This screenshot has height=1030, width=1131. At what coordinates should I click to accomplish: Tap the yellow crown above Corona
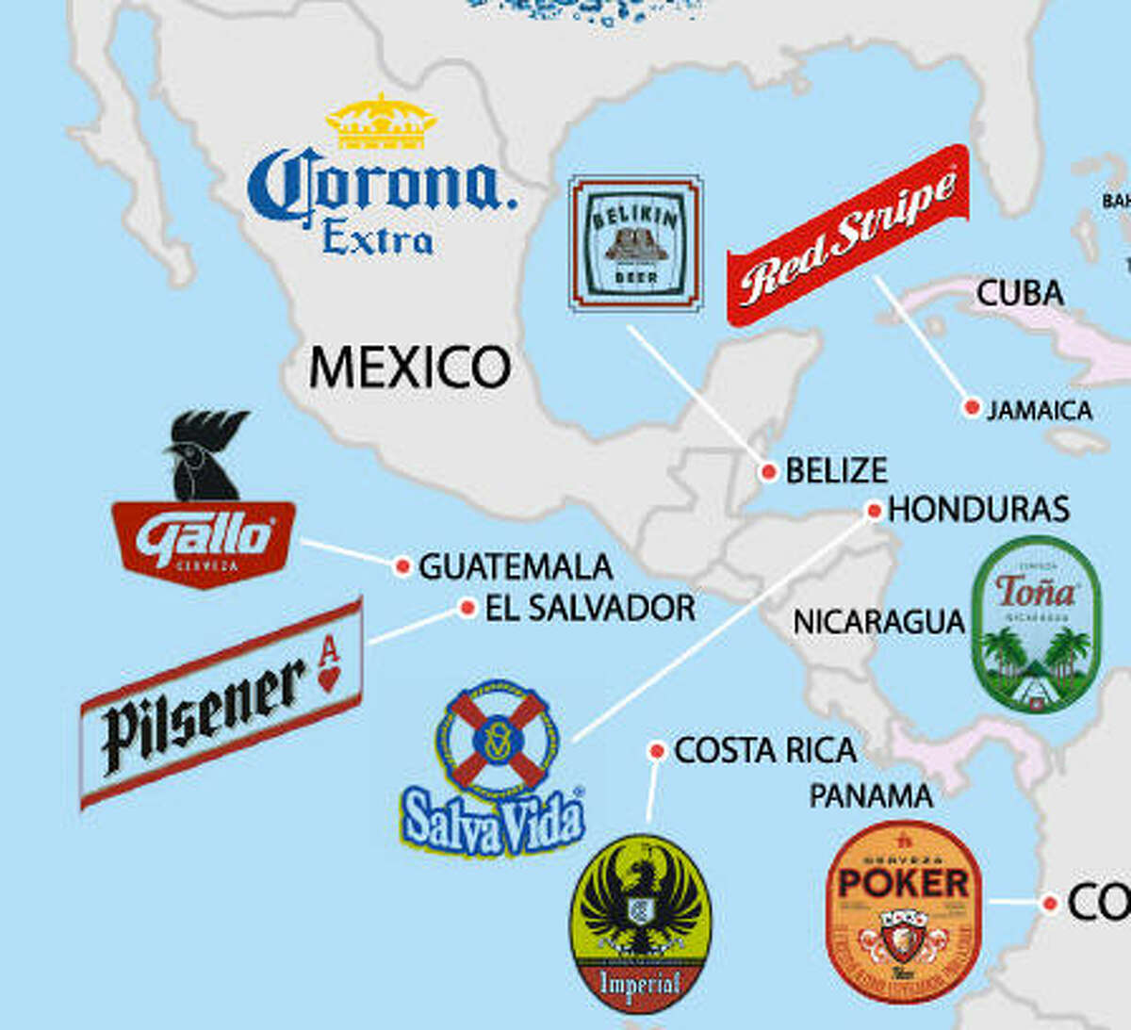(x=381, y=123)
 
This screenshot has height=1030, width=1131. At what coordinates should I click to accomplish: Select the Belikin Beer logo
(x=636, y=243)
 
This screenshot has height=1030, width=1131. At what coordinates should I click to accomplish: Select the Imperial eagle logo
(x=641, y=922)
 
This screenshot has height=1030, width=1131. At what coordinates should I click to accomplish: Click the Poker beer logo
(x=904, y=911)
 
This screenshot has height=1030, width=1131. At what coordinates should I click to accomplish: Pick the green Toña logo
(x=1036, y=623)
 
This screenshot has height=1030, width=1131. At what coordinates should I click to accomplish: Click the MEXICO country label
(x=410, y=368)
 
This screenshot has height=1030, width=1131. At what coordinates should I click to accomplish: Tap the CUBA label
(x=1020, y=293)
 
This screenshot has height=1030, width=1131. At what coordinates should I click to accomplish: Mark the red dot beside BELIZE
(x=768, y=471)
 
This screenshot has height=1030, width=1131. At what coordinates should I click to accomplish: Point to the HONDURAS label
(x=978, y=510)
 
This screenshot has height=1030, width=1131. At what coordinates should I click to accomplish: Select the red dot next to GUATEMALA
(x=402, y=565)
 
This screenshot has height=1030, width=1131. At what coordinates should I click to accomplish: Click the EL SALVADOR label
(x=590, y=608)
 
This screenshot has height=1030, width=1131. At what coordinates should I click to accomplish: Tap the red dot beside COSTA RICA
(x=657, y=751)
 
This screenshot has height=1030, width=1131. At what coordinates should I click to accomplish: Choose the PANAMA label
(x=871, y=796)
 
